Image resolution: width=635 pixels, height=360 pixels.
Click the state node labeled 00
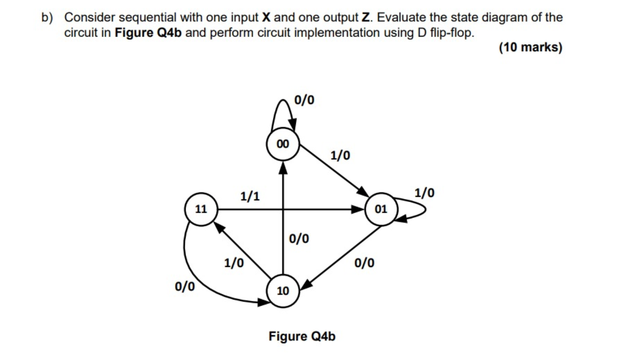[283, 144]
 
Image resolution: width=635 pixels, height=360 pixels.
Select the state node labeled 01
[381, 209]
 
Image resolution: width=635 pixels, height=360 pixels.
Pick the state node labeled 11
[201, 209]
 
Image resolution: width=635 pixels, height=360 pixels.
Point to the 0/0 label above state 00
[305, 100]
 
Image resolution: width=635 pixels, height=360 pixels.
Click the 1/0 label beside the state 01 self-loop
[424, 193]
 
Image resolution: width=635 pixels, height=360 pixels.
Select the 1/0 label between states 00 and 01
[340, 155]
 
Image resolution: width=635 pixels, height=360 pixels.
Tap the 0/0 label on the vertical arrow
[299, 239]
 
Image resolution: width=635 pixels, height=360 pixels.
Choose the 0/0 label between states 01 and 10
[364, 263]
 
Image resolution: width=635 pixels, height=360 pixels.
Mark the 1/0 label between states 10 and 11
[233, 263]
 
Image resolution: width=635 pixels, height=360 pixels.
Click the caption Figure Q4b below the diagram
[302, 337]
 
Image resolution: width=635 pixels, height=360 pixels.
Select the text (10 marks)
[530, 48]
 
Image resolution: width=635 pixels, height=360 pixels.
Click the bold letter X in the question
[265, 18]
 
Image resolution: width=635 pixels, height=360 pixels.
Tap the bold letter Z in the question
[366, 18]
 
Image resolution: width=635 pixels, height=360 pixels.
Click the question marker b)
[47, 18]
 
